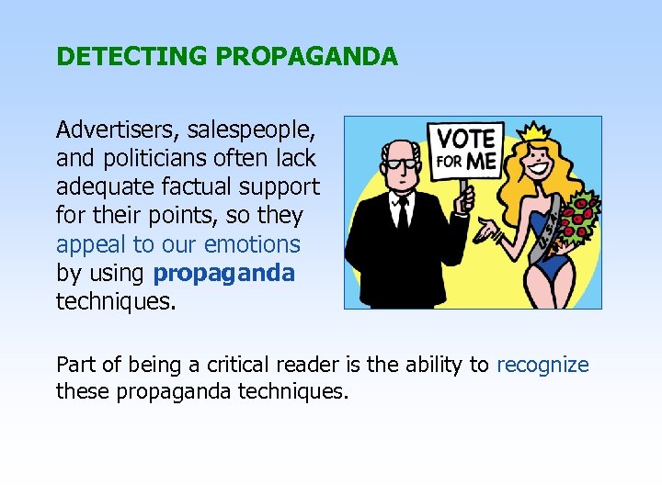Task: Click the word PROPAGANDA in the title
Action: (x=307, y=57)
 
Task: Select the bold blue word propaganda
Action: (x=224, y=274)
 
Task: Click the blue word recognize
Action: (x=542, y=365)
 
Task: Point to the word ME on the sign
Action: (x=484, y=161)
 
